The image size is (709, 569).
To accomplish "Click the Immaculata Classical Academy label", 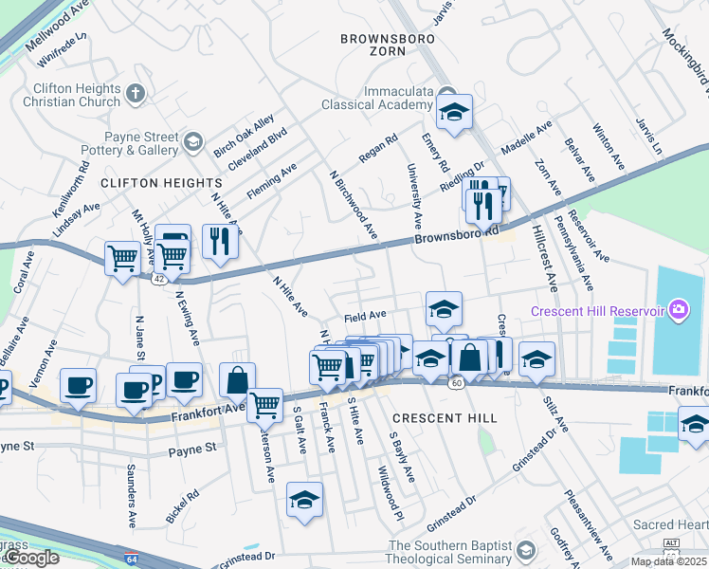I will [377, 100].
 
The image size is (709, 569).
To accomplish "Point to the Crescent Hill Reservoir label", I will [597, 310].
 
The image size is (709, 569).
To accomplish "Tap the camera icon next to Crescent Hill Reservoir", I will [678, 310].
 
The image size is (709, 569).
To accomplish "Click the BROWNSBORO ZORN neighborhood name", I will [388, 46].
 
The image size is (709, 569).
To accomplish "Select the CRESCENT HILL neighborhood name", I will [431, 417].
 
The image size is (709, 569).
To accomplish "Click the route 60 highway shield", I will [456, 382].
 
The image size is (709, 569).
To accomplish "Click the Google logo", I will [31, 558].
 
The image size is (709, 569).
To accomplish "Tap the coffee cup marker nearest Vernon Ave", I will [78, 385].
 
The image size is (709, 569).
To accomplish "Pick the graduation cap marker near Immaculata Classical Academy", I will [454, 112].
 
